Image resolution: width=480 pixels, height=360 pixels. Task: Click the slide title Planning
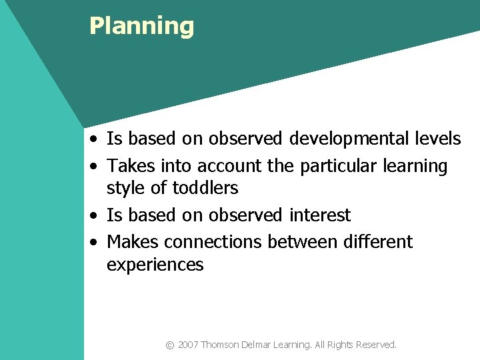coord(141,26)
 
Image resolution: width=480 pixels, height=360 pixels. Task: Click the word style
coord(126,189)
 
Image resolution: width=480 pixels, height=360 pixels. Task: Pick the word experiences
coord(155,265)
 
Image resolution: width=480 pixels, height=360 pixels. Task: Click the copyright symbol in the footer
coord(170,345)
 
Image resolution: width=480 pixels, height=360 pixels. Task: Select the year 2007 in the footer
coord(188,345)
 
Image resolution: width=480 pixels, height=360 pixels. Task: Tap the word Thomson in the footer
coord(220,345)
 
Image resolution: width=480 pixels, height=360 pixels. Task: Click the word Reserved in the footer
coord(376,345)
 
